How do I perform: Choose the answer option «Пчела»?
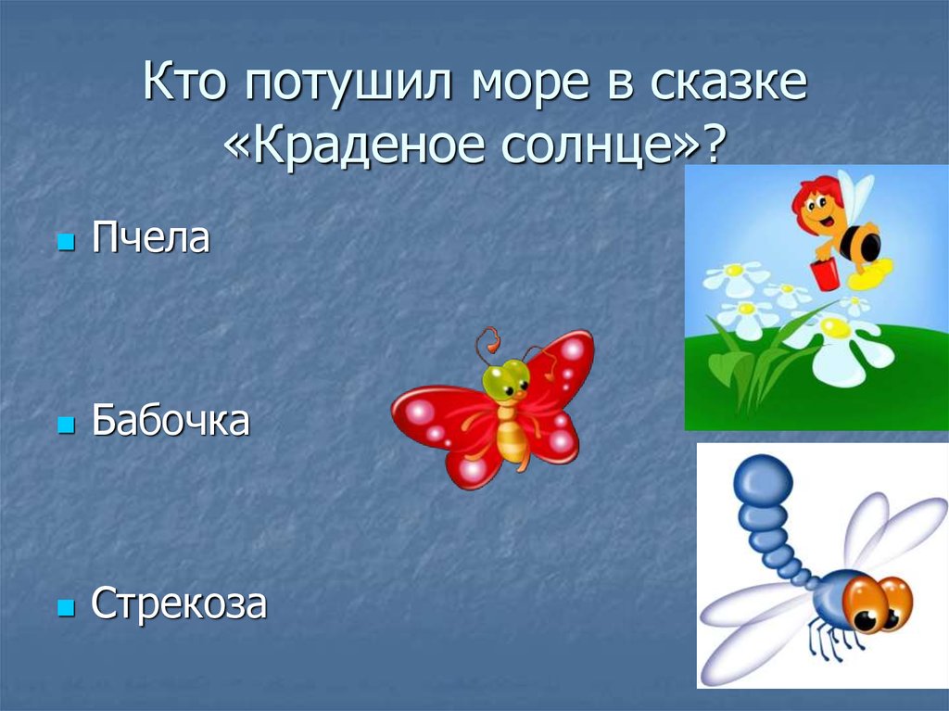click(150, 239)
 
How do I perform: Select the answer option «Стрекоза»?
click(179, 604)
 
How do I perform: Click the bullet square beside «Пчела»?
click(65, 243)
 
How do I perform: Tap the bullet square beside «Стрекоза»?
click(65, 608)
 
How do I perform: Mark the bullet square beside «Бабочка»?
click(65, 425)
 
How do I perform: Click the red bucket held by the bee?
click(824, 273)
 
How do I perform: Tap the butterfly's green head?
click(506, 378)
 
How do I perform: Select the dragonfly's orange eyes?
click(881, 602)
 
